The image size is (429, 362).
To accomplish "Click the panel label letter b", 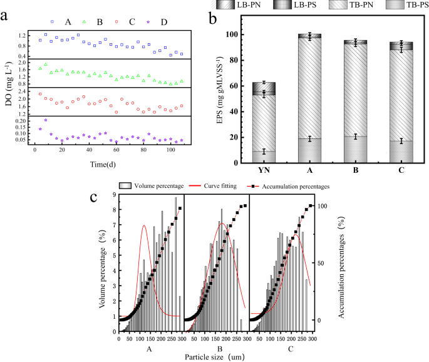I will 213,18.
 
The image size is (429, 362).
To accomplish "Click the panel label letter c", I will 93,197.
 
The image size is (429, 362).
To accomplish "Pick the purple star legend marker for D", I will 148,21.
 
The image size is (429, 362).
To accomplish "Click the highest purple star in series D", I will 45,120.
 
